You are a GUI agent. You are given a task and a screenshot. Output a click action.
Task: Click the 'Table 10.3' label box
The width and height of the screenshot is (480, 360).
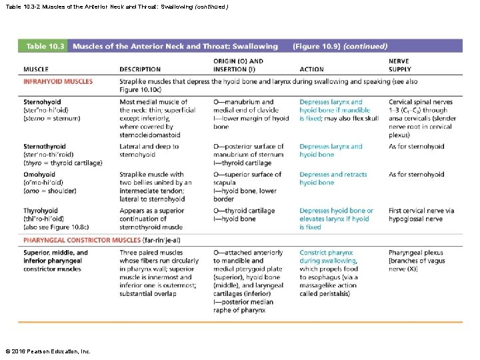pos(45,46)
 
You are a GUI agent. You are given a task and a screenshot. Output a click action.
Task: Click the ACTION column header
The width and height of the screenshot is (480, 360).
pos(312,69)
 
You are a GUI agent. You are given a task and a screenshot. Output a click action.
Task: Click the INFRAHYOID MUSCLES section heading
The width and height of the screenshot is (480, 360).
pos(58,81)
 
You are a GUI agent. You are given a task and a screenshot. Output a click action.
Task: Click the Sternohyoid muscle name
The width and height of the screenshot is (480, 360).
pos(42,102)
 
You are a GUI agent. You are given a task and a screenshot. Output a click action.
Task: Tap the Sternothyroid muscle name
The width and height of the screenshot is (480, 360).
pos(44,147)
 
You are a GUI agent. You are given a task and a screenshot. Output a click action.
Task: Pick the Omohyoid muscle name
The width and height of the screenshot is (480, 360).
pos(39,175)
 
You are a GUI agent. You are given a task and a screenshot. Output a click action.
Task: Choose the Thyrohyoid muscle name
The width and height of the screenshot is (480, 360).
pos(41,211)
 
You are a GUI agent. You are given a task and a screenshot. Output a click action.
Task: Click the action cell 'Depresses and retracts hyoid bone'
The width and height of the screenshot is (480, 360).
pos(333,179)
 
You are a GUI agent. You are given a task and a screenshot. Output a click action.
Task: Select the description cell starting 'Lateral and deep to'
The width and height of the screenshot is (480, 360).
pos(149,151)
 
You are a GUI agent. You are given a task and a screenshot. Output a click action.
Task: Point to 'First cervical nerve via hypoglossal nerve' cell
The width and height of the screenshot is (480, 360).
pos(421,215)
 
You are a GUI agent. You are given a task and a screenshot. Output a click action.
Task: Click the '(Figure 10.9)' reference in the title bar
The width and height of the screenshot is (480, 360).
pos(316,47)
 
